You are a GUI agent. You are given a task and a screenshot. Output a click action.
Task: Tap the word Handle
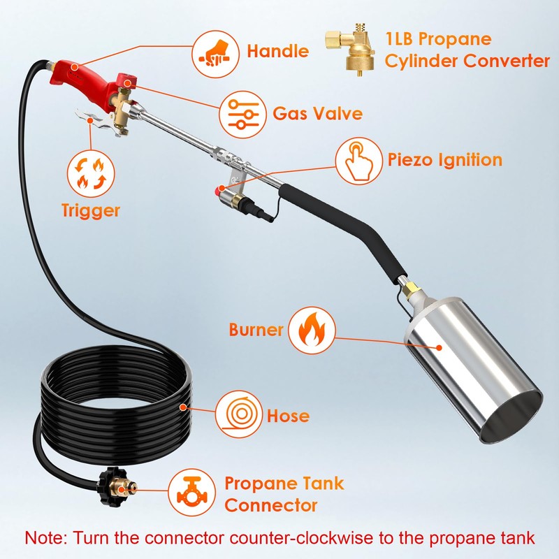[277, 52]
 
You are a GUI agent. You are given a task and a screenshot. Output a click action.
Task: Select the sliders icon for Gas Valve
[241, 112]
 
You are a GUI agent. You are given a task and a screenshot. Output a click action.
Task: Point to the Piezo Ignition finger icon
[358, 159]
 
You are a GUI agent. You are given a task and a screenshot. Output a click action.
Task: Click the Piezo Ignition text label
[444, 160]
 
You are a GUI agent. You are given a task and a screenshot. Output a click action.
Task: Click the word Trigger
[90, 210]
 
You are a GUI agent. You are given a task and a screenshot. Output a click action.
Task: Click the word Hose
[288, 416]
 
